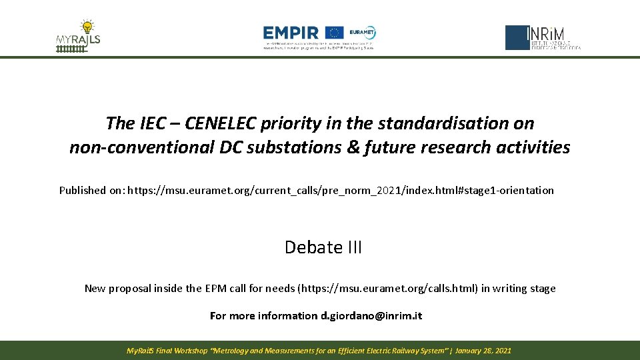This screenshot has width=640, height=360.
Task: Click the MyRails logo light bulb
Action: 86,27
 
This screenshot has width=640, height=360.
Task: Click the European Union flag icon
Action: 335,33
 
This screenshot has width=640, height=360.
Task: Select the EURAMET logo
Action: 363,33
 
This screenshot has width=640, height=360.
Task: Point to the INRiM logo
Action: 543,37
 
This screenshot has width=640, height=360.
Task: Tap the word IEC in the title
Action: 155,123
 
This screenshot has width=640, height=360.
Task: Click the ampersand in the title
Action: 352,147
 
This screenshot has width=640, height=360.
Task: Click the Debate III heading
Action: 323,247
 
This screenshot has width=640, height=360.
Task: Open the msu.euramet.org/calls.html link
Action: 387,289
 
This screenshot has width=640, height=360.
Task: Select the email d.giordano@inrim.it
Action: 371,316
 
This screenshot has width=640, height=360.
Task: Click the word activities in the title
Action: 535,147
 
